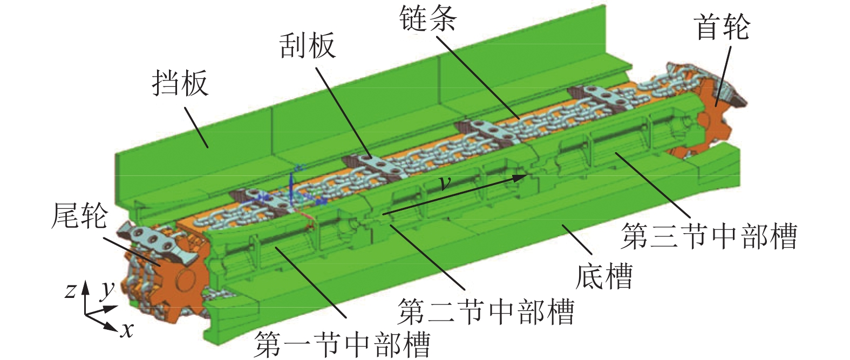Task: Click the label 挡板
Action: [x=180, y=84]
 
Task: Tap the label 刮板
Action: [x=307, y=46]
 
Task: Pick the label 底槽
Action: [x=603, y=276]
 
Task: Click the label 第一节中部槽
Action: [x=342, y=343]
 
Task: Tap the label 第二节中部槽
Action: [x=486, y=311]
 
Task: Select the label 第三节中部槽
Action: [x=709, y=236]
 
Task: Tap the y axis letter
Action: [x=108, y=289]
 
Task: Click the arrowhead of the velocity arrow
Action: [x=521, y=176]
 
